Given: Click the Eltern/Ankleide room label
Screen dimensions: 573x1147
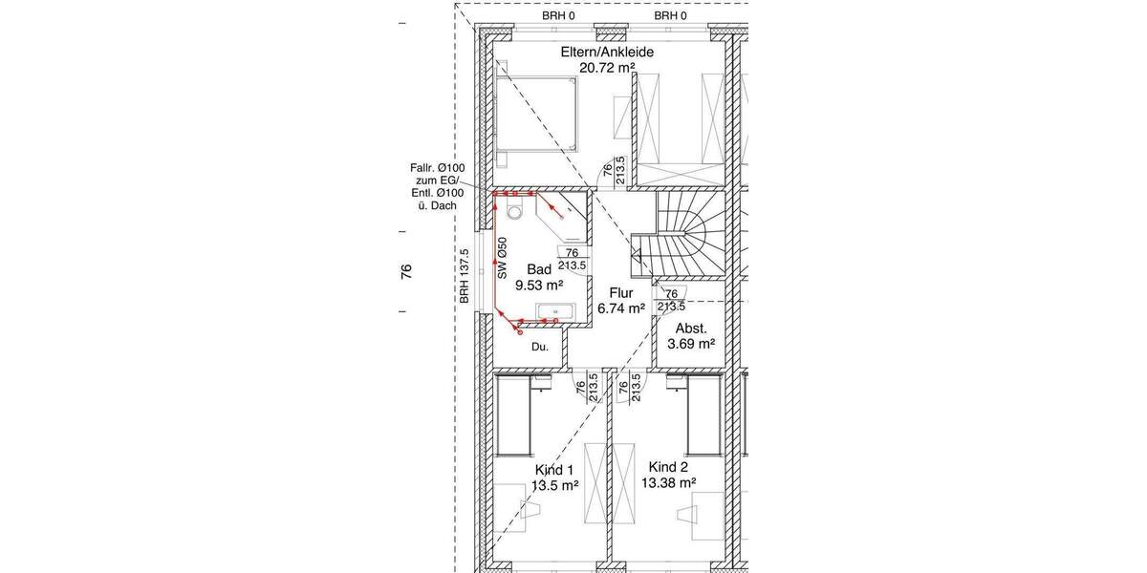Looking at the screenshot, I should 607,52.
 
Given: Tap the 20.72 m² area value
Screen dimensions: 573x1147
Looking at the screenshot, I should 607,68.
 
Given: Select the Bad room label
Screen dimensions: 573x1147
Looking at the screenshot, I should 539,269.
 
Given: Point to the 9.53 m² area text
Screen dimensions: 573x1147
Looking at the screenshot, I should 539,285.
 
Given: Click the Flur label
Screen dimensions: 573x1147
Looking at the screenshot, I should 622,292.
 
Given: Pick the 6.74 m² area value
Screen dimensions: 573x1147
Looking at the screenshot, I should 622,308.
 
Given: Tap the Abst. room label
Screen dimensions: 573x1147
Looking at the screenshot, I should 693,327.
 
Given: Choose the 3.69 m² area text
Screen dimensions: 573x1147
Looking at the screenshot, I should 693,342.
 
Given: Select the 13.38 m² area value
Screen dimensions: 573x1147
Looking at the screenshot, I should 669,483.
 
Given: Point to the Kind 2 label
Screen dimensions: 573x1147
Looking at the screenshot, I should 668,467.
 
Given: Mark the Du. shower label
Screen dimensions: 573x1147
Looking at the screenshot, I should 541,347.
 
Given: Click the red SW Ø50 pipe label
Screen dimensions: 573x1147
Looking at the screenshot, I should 502,259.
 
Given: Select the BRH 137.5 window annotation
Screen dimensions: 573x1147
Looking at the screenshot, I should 465,277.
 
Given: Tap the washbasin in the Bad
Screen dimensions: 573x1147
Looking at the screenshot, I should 553,311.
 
